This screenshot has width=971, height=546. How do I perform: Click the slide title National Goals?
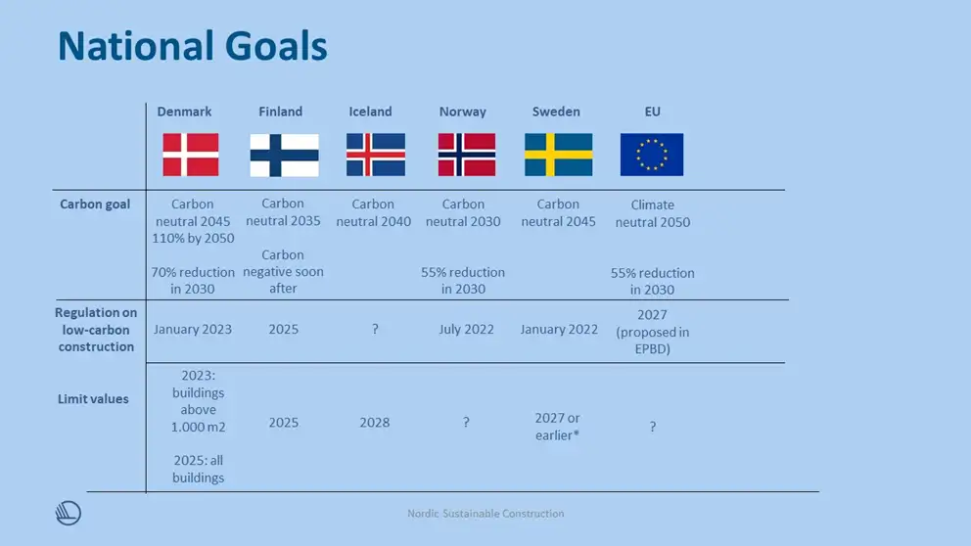click(x=193, y=46)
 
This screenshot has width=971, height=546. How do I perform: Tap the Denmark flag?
click(x=191, y=155)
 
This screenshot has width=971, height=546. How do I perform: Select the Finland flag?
click(x=284, y=155)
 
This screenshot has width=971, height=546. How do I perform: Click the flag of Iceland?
click(x=376, y=155)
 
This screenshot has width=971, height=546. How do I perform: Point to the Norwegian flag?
click(x=467, y=155)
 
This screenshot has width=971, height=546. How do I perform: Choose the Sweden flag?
click(x=559, y=155)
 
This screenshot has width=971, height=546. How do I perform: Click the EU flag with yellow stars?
click(x=652, y=155)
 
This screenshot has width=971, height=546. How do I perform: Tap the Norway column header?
click(x=463, y=112)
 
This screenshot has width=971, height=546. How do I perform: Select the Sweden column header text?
click(x=556, y=112)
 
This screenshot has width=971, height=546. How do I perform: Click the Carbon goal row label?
click(x=95, y=205)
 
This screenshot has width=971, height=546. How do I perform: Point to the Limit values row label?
click(x=93, y=398)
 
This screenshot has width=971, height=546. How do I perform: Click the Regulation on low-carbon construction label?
click(x=96, y=330)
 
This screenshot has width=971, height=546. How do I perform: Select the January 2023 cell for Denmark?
click(x=193, y=330)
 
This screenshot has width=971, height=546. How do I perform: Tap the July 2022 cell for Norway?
click(x=466, y=330)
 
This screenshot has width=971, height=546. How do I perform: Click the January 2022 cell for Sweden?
click(x=559, y=330)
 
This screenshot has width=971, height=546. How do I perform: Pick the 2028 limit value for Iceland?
click(x=375, y=422)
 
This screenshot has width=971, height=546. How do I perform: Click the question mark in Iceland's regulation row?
click(x=375, y=330)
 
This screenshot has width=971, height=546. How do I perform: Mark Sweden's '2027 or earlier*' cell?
click(x=557, y=427)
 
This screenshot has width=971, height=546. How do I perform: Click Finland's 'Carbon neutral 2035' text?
click(x=283, y=211)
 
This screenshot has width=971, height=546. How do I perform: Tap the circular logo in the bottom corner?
click(x=69, y=513)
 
